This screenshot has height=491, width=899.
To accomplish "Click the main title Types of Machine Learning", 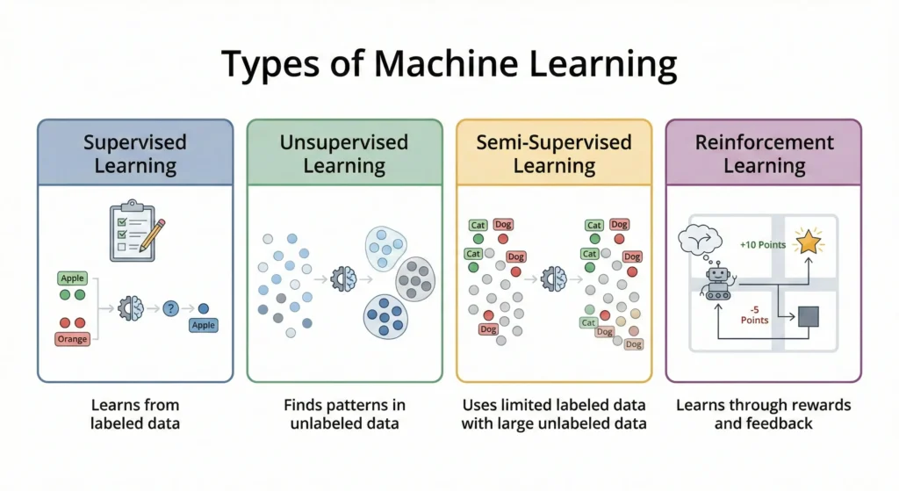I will pos(449,66).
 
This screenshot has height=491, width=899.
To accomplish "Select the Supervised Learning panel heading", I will pos(135,154).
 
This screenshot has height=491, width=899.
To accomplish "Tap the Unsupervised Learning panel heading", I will pos(344,154).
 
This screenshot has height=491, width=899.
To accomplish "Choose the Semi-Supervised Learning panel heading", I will pos(554,154).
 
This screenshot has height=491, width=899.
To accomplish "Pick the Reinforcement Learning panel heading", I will pos(763,154).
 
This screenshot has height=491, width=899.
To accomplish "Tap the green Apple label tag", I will pos(72,278).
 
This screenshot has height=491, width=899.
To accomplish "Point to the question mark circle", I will pos(171,308).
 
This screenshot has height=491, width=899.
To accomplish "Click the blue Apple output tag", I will pos(204,325).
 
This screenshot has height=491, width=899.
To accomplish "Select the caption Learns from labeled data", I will pos(135,414).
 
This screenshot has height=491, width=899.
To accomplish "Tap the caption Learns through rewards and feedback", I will pos(763,414).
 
